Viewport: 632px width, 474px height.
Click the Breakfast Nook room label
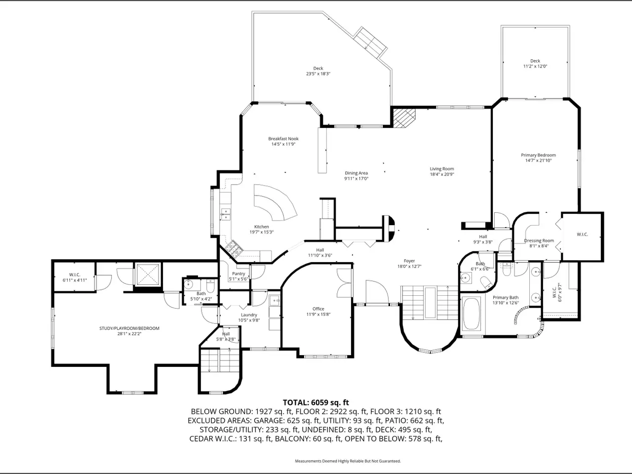pyautogui.click(x=283, y=139)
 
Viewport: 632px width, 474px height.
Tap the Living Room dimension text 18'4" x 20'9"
pyautogui.click(x=442, y=174)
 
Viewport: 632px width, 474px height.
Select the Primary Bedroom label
pyautogui.click(x=538, y=155)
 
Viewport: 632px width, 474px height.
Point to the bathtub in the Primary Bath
pyautogui.click(x=471, y=314)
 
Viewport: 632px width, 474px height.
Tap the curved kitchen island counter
pyautogui.click(x=275, y=202)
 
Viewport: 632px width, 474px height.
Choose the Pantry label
pyautogui.click(x=238, y=274)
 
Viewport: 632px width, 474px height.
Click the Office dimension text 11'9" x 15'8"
pyautogui.click(x=318, y=315)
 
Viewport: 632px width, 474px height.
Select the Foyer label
pyautogui.click(x=409, y=261)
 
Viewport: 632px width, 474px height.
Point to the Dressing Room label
pyautogui.click(x=539, y=240)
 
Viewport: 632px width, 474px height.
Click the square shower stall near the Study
pyautogui.click(x=148, y=274)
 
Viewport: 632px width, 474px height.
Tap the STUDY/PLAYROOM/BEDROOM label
pyautogui.click(x=129, y=328)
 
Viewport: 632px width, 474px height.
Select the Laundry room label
pyautogui.click(x=249, y=315)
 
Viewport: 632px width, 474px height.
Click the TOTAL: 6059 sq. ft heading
pyautogui.click(x=316, y=402)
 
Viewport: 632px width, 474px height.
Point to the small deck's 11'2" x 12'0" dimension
pyautogui.click(x=535, y=66)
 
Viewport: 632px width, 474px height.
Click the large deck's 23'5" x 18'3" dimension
pyautogui.click(x=318, y=74)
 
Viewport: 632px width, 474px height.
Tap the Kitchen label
pyautogui.click(x=261, y=227)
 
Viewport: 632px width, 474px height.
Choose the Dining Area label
pyautogui.click(x=356, y=173)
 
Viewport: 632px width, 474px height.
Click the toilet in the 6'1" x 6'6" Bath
pyautogui.click(x=487, y=282)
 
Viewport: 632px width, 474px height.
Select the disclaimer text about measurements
pyautogui.click(x=348, y=461)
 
